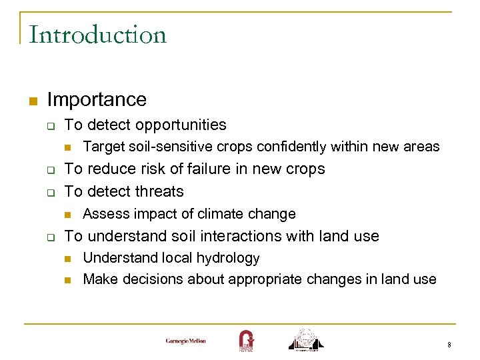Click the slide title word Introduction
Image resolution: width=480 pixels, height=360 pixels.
click(97, 35)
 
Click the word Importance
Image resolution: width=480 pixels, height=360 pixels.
click(97, 100)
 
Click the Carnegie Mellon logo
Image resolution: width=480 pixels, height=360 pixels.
click(186, 341)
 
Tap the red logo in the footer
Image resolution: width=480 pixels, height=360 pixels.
click(245, 340)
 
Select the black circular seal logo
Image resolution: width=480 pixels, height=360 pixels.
click(305, 339)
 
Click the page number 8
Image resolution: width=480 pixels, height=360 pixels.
click(449, 345)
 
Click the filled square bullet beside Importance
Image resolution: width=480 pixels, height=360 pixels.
click(31, 101)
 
